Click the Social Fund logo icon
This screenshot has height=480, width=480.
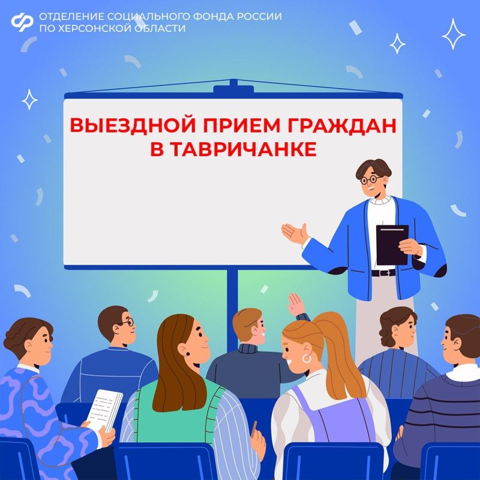22,22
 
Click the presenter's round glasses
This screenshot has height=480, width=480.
369,179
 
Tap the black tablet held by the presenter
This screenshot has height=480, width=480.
392,244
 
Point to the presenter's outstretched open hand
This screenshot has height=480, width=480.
294,232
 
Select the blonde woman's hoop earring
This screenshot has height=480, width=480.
307,358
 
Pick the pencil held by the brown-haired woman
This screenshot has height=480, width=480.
254,427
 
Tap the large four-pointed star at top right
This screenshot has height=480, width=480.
454,34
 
